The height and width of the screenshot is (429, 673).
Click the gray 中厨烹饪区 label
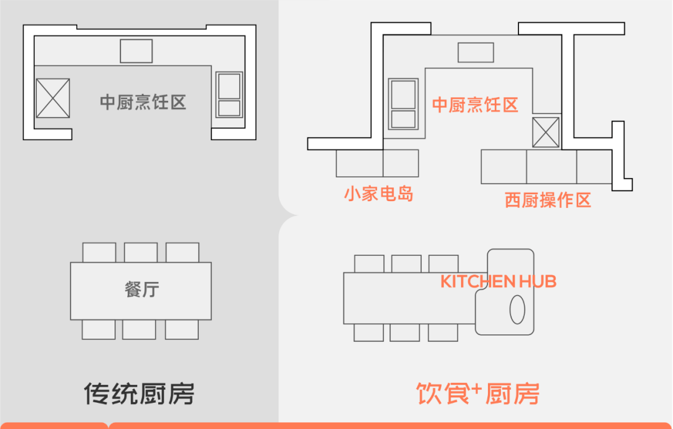(x=143, y=103)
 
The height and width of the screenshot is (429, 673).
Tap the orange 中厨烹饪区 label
(x=475, y=105)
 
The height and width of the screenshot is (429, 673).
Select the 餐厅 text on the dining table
(x=142, y=290)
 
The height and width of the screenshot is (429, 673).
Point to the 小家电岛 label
(x=379, y=194)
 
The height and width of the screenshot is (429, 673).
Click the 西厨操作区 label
(x=548, y=200)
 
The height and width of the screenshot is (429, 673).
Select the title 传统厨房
(x=139, y=394)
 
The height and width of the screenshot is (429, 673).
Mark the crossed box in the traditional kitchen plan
(x=53, y=98)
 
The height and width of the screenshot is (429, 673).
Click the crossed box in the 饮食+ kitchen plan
(x=546, y=133)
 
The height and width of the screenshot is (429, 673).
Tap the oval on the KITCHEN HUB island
(x=517, y=309)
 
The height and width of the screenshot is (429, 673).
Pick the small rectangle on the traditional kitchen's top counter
(x=136, y=51)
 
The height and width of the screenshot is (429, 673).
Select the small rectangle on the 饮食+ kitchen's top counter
(x=475, y=53)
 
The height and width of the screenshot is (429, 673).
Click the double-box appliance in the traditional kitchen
(x=229, y=95)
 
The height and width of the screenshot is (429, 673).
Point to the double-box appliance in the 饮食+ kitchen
(x=403, y=104)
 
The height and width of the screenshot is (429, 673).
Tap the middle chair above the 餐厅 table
(x=141, y=253)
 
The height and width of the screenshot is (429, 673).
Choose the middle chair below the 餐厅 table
(x=139, y=329)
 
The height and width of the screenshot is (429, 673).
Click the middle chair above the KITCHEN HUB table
(x=406, y=264)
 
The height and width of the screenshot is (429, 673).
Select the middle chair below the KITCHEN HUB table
(x=405, y=333)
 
